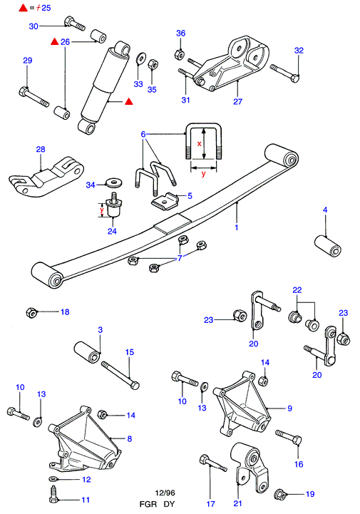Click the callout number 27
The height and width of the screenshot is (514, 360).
tap(237, 102)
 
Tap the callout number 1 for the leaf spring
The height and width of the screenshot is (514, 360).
tap(237, 227)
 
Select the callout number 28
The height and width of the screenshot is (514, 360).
tap(41, 149)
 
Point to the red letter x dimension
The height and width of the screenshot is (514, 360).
tap(199, 143)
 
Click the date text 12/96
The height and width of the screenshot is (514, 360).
tap(165, 493)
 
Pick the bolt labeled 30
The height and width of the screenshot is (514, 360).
tap(74, 24)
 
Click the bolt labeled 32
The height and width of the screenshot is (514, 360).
tap(285, 73)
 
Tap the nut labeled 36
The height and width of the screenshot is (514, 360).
tap(180, 54)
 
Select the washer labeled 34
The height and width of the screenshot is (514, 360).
tap(114, 183)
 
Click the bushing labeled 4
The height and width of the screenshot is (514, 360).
tap(328, 246)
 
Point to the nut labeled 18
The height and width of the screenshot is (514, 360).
tap(31, 312)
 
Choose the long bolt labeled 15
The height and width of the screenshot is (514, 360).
tap(120, 375)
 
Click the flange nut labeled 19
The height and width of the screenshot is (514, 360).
tap(280, 493)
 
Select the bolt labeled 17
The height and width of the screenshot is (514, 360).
tap(212, 463)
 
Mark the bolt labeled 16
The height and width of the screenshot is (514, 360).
tap(289, 437)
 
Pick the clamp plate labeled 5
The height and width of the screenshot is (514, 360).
tap(165, 200)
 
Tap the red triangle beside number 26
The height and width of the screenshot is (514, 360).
tap(54, 41)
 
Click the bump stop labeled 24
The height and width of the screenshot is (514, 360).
tap(114, 205)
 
